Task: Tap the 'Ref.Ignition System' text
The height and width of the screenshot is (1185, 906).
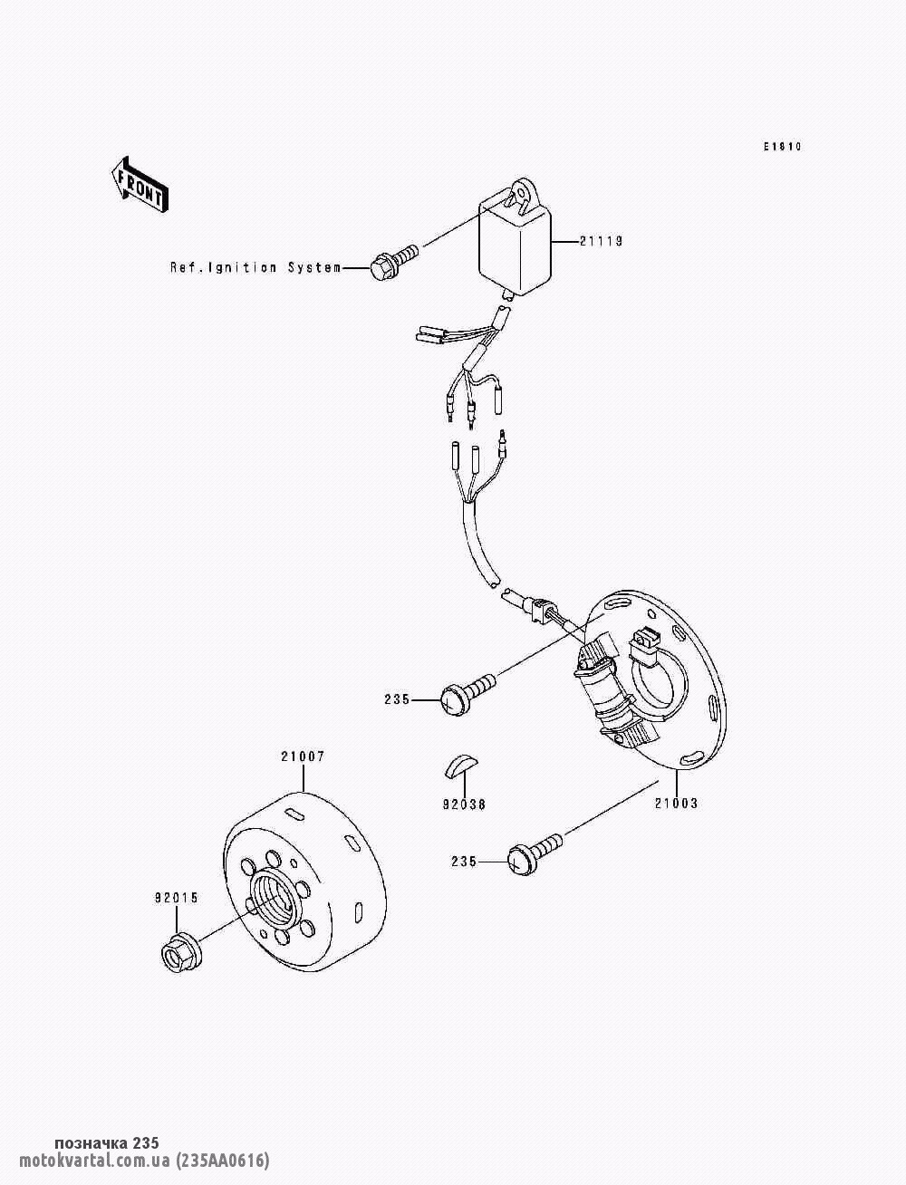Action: coord(255,267)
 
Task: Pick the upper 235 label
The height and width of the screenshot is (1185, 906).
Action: coord(397,699)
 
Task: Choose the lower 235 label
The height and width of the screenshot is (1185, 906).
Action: coord(464,862)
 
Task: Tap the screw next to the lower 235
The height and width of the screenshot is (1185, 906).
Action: coord(533,853)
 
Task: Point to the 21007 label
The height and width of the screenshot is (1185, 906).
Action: coord(303,756)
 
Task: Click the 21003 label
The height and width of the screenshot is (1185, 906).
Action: coord(676,803)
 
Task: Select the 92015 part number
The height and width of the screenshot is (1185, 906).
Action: coord(176,898)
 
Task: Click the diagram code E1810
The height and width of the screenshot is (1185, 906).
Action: coord(782,147)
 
